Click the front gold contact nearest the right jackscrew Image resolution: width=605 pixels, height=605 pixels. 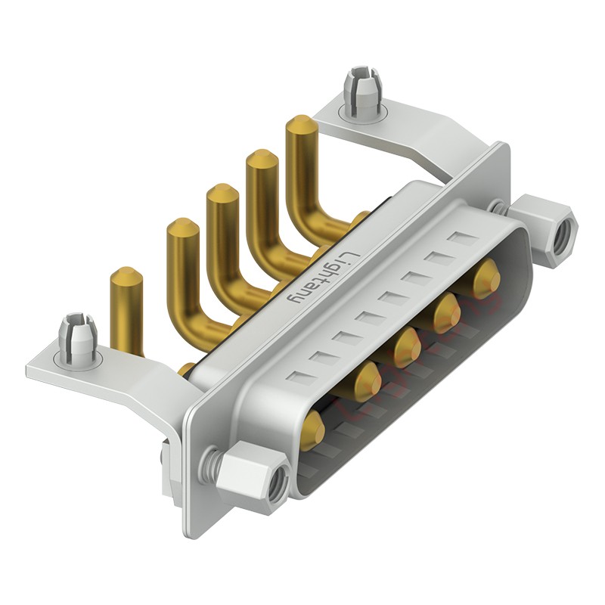(x=486, y=276)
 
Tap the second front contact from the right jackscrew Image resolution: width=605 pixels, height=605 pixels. (x=447, y=310)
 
